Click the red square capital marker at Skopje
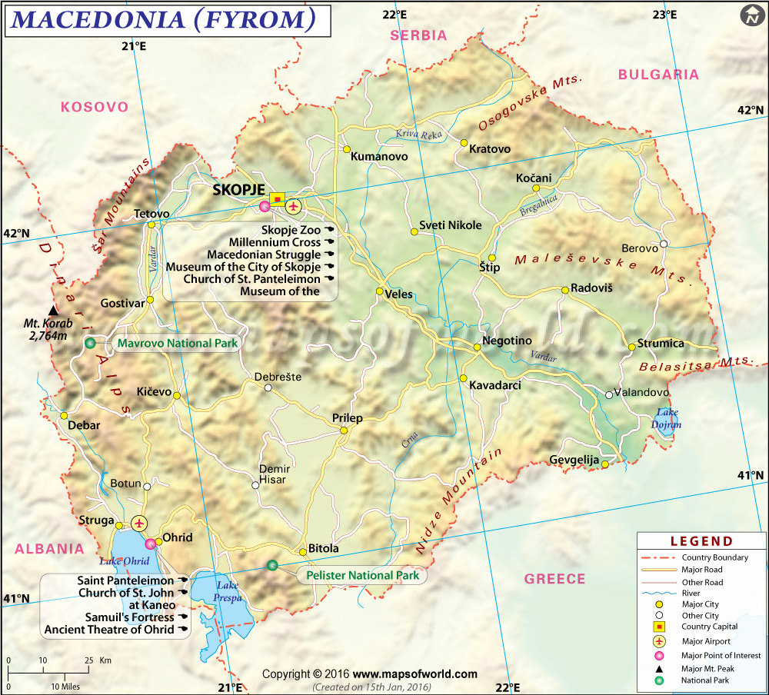coord(277,198)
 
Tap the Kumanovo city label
coord(379,156)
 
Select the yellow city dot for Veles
coord(379,291)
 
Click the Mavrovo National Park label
coord(177,344)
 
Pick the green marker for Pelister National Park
coord(271,566)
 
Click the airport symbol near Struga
coord(139,524)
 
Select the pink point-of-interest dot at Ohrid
coord(150,544)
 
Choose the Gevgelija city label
coord(574,460)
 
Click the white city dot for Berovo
coord(664,244)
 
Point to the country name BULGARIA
coord(659,75)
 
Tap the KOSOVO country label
coord(95,107)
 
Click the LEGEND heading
coord(701,541)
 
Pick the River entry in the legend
coord(691,594)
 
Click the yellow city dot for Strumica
coord(632,347)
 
